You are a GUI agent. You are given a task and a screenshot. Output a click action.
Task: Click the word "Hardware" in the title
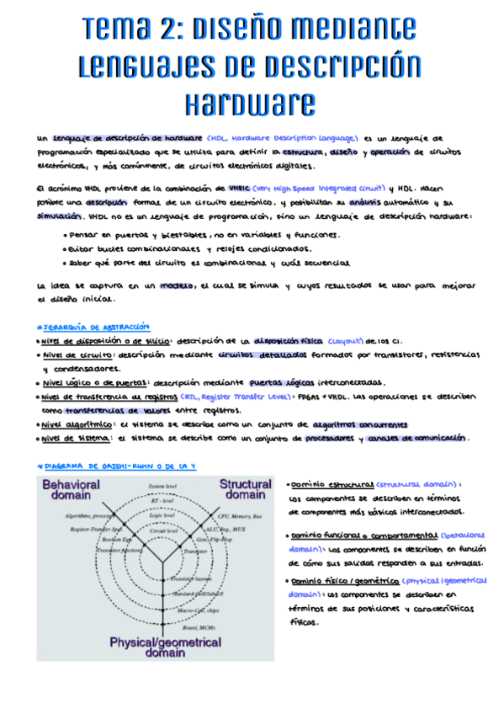click(x=250, y=104)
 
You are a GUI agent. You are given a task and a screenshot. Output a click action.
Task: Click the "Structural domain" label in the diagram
click(x=245, y=491)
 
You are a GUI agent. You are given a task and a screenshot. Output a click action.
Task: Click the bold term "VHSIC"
click(x=233, y=189)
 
